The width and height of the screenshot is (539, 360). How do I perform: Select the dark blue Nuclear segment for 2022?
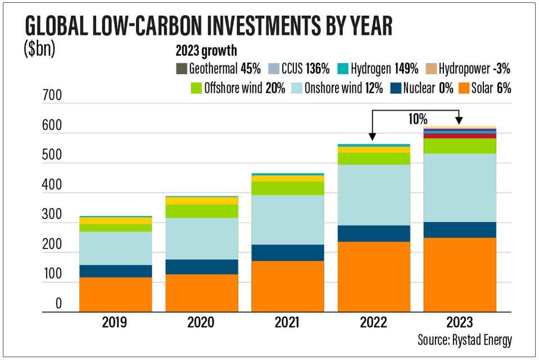[x=373, y=233]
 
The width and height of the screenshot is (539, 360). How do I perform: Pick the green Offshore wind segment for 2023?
[x=459, y=146]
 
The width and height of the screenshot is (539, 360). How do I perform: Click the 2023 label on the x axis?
[x=459, y=323]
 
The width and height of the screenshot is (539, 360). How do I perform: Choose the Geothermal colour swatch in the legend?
[x=182, y=69]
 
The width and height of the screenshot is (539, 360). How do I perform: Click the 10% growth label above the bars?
[x=418, y=119]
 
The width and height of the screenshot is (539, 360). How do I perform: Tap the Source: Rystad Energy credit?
[x=464, y=340]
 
